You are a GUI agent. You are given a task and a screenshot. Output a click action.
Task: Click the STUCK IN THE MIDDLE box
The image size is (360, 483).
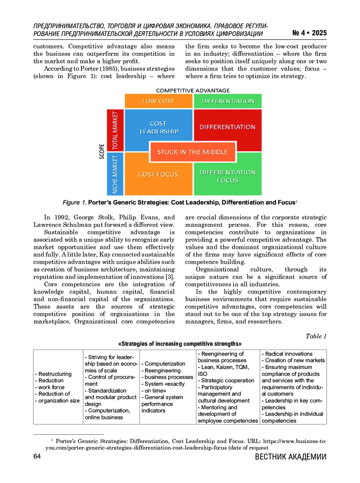click(193, 152)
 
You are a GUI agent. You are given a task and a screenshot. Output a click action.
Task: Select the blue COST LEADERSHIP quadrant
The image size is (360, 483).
click(158, 127)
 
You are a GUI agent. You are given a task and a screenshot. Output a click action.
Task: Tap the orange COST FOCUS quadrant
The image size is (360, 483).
click(158, 174)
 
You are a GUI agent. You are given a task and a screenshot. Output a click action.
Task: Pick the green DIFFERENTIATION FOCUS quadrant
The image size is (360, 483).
click(228, 176)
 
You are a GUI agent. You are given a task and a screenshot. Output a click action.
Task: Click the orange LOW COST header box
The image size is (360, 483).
click(158, 101)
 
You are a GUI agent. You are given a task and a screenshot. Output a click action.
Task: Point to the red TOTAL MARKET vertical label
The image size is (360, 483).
click(115, 130)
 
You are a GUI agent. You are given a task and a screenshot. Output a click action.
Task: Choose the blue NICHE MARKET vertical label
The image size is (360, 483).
click(115, 174)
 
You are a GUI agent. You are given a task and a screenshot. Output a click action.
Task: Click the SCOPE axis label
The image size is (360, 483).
click(102, 151)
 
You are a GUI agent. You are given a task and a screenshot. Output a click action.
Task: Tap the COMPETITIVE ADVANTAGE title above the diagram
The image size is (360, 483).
click(193, 91)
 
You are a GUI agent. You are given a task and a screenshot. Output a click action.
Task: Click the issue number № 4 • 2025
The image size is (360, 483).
click(309, 33)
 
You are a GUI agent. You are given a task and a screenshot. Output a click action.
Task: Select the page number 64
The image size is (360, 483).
click(37, 456)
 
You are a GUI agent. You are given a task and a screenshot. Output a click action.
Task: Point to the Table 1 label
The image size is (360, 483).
click(316, 336)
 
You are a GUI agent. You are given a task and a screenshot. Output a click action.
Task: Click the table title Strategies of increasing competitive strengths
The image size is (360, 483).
click(180, 344)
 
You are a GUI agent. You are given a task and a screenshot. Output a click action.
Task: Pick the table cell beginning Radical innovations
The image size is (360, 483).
click(293, 387)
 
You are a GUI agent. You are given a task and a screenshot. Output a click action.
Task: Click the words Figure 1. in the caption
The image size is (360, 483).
click(74, 202)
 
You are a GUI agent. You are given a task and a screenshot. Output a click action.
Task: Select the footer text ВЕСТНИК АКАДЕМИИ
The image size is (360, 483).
click(290, 457)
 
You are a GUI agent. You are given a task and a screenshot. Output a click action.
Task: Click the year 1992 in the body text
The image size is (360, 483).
click(62, 217)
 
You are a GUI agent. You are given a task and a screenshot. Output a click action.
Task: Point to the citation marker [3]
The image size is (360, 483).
click(170, 277)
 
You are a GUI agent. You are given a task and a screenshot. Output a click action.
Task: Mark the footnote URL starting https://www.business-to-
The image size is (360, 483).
click(295, 441)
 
